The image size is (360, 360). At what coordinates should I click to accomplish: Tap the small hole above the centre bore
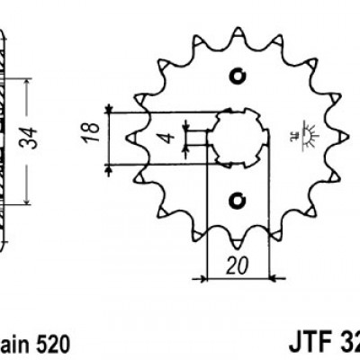(238, 74)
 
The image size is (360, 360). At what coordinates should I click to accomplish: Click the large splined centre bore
(237, 137)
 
